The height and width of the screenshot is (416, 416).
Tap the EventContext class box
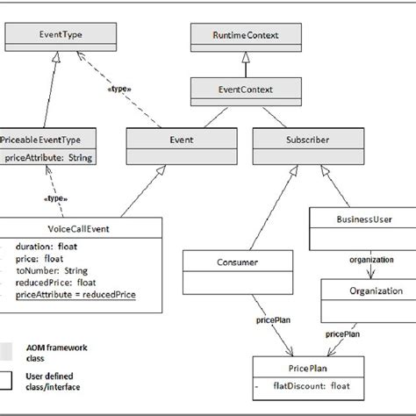point(245,89)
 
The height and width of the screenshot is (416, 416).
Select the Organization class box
point(363,290)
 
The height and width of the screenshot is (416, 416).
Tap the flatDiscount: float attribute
point(314,385)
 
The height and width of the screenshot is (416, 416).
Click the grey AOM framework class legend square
point(5,350)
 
